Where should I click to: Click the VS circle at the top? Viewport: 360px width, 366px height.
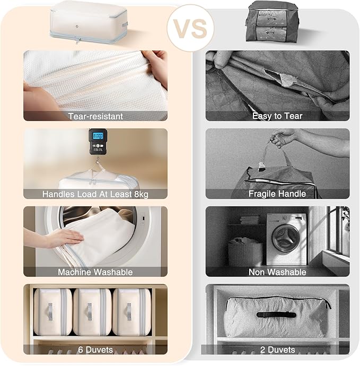pos(190,28)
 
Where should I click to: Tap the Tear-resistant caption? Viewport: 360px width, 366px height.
pos(95,116)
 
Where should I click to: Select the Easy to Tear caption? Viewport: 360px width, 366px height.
pos(277,116)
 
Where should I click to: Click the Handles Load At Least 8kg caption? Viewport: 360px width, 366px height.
pos(95,194)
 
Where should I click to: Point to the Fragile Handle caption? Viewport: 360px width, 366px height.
pos(277,194)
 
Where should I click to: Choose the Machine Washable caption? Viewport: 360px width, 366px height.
pos(95,272)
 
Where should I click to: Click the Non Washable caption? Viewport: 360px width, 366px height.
pos(277,272)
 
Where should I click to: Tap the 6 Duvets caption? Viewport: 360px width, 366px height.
pos(95,350)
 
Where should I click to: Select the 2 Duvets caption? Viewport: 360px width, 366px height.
pos(277,350)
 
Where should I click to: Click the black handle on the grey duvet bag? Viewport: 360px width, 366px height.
pos(277,315)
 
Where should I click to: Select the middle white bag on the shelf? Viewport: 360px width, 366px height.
pos(92,312)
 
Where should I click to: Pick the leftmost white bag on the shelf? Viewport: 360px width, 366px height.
pos(52,312)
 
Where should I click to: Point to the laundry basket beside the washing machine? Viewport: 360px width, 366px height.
pos(245,251)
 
